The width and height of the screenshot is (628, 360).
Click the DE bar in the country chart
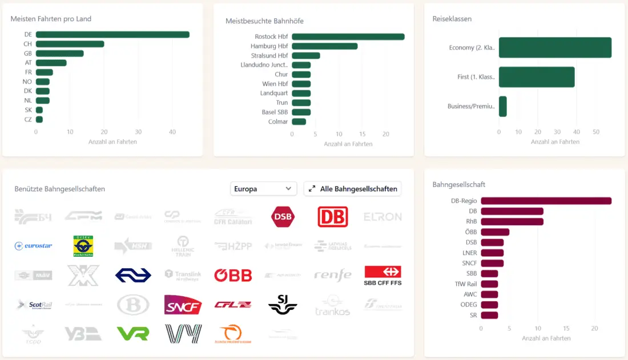pyautogui.click(x=112, y=35)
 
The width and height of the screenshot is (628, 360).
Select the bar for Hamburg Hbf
pyautogui.click(x=324, y=46)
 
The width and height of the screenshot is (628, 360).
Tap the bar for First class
pyautogui.click(x=537, y=77)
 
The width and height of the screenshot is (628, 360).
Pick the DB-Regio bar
pyautogui.click(x=546, y=201)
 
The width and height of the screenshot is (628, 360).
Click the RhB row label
pyautogui.click(x=471, y=221)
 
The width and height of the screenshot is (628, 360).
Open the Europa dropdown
pyautogui.click(x=264, y=189)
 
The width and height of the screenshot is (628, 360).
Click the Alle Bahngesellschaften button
pyautogui.click(x=353, y=189)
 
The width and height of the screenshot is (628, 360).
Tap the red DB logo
pyautogui.click(x=332, y=217)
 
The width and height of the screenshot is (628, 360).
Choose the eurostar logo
pyautogui.click(x=34, y=246)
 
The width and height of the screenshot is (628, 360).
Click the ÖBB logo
pyautogui.click(x=233, y=276)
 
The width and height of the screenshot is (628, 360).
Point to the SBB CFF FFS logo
pyautogui.click(x=383, y=276)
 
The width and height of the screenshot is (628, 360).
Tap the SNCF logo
pyautogui.click(x=183, y=305)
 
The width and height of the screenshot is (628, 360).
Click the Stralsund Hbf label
pyautogui.click(x=269, y=56)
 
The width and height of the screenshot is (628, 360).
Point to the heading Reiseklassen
pyautogui.click(x=452, y=19)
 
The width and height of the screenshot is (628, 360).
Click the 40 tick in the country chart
pyautogui.click(x=172, y=132)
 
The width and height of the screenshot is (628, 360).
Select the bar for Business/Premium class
pyautogui.click(x=502, y=106)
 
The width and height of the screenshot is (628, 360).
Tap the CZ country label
pyautogui.click(x=28, y=119)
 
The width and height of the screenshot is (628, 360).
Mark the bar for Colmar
pyautogui.click(x=299, y=122)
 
